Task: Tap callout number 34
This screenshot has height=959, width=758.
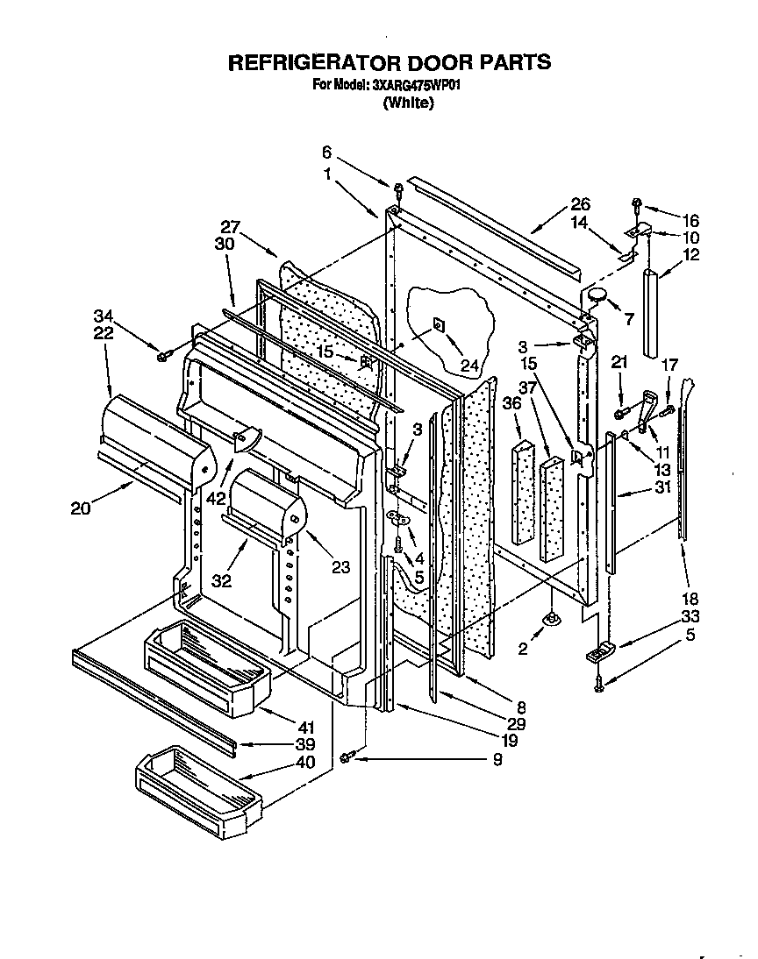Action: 104,315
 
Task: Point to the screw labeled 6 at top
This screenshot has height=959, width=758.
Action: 397,188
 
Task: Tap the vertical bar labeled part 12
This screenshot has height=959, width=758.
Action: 650,312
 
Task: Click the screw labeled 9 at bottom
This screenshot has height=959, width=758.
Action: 347,756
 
